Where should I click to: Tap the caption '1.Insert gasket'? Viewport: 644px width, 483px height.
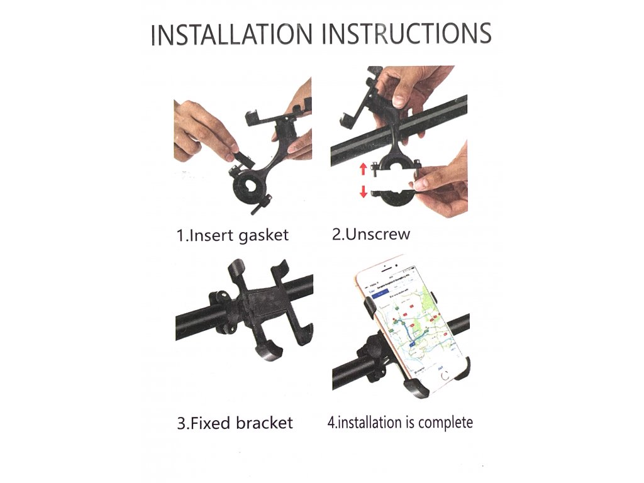click(233, 235)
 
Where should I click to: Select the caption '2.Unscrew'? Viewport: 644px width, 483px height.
click(371, 234)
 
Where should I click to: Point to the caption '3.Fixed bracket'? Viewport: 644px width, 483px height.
click(235, 423)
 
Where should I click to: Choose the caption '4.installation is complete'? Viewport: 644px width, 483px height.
click(400, 423)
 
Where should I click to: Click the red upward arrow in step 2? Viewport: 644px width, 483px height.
click(363, 169)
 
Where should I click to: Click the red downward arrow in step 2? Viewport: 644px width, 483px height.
click(363, 191)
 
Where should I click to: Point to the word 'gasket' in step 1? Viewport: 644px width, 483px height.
click(264, 236)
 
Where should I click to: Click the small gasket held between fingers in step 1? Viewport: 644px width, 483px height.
click(242, 158)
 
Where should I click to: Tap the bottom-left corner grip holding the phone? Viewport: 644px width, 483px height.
click(415, 387)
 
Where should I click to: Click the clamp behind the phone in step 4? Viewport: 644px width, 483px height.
click(371, 357)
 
